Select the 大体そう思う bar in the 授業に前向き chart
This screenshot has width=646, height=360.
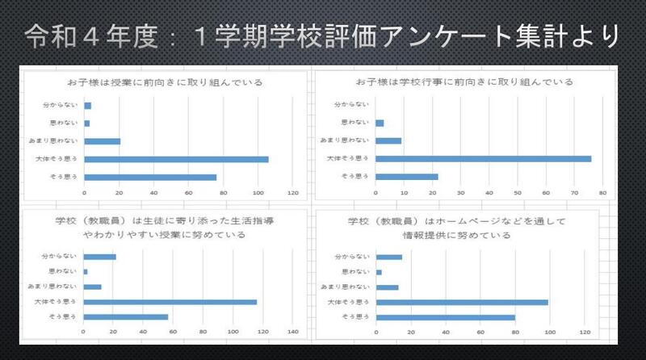coord(176,159)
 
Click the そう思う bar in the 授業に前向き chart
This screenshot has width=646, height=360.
coord(150,177)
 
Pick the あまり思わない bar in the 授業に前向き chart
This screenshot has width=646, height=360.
coord(102,141)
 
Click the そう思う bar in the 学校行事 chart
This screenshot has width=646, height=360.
coord(406,177)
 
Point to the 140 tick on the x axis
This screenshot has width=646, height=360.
coord(294,331)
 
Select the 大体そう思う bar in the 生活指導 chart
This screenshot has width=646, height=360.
coord(170,302)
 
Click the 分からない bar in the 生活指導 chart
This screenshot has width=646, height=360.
coord(99,257)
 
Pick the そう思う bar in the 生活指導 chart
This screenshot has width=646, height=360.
coord(125,316)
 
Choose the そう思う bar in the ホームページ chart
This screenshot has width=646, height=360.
coord(445,316)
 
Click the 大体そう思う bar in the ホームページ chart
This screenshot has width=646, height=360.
coord(461,302)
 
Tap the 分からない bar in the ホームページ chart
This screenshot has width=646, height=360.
coord(388,257)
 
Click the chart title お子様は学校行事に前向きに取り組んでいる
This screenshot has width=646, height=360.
coord(464,82)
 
